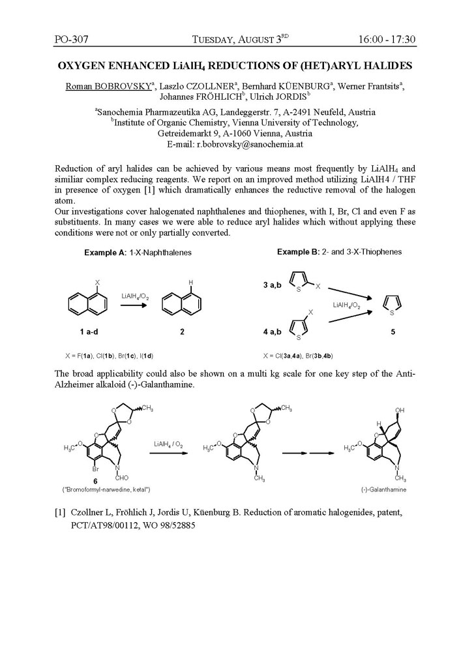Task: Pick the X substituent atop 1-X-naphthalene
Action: tap(96, 283)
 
